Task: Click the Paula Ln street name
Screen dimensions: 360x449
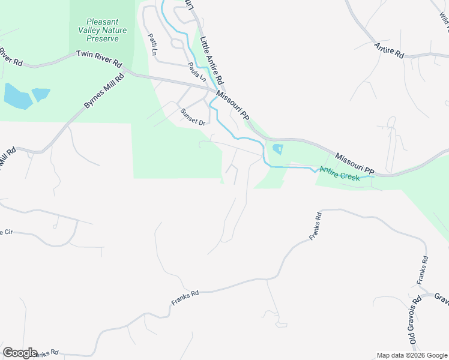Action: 196,72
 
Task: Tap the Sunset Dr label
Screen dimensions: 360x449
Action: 193,117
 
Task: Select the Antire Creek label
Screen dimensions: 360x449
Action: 339,173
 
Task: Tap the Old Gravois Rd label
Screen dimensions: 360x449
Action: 415,322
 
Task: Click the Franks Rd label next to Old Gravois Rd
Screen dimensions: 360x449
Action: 423,271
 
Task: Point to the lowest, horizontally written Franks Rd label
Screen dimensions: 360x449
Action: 184,298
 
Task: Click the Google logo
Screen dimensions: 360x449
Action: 20,353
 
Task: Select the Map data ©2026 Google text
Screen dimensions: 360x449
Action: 412,355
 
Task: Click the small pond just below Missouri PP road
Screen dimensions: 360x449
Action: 277,148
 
